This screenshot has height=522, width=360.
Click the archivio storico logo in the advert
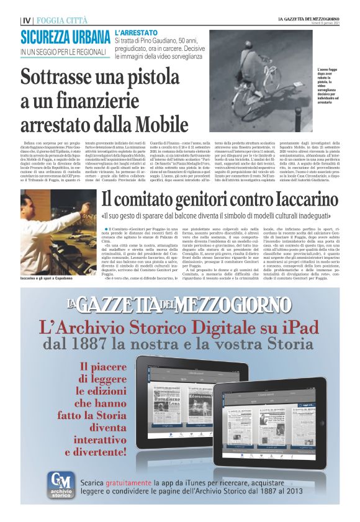coord(60,485)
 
